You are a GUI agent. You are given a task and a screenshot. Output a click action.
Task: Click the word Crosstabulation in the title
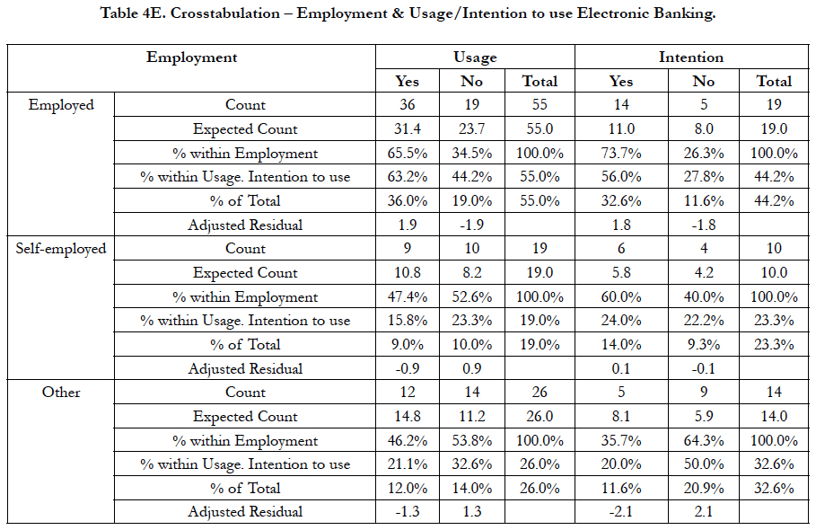click(x=224, y=13)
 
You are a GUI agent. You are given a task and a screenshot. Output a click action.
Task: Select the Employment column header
click(x=191, y=57)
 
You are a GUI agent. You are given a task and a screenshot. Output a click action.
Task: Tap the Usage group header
click(x=475, y=57)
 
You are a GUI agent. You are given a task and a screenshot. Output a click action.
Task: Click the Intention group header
click(x=691, y=57)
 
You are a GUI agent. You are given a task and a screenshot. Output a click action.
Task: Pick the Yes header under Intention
click(x=621, y=81)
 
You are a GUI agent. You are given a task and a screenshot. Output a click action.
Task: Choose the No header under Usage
click(x=471, y=81)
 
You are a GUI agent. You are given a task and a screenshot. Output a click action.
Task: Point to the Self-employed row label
click(x=61, y=249)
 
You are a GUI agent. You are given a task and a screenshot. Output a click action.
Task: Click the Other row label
click(x=61, y=392)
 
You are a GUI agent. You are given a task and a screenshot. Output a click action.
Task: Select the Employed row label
click(x=61, y=105)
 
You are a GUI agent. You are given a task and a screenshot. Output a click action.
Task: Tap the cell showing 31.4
click(x=408, y=128)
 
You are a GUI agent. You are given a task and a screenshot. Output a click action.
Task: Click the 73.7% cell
click(x=621, y=153)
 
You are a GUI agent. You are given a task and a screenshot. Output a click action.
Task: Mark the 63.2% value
click(x=408, y=177)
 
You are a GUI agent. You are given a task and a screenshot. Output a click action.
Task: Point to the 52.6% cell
click(x=471, y=296)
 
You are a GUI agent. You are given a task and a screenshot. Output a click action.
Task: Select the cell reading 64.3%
click(x=704, y=440)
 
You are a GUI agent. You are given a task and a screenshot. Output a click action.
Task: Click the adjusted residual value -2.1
click(x=621, y=512)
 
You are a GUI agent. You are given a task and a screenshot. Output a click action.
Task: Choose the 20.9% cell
click(x=704, y=489)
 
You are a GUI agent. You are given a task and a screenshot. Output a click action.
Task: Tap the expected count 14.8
click(x=408, y=417)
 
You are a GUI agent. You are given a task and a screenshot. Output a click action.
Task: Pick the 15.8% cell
click(x=408, y=321)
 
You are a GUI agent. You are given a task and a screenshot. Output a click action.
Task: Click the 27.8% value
click(x=704, y=177)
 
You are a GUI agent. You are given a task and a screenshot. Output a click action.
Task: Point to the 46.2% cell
click(x=408, y=440)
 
